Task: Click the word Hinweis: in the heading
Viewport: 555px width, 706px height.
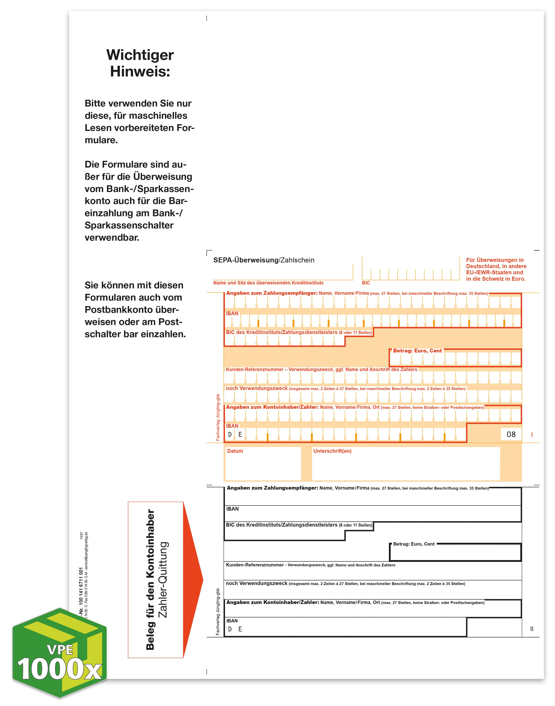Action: click(x=140, y=71)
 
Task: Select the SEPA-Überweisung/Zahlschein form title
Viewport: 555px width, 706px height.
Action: click(x=264, y=260)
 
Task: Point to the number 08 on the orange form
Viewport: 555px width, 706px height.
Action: click(x=511, y=434)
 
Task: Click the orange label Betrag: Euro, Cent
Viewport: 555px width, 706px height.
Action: click(x=417, y=351)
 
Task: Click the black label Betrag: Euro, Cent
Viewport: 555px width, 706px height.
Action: click(x=414, y=544)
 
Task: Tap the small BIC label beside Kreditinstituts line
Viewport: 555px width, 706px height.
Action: click(x=366, y=283)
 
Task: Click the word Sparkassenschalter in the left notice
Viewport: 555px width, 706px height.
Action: click(x=129, y=225)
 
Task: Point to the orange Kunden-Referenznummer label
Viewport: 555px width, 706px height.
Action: click(x=321, y=369)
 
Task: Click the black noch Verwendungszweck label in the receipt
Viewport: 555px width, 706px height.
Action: click(x=257, y=584)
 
